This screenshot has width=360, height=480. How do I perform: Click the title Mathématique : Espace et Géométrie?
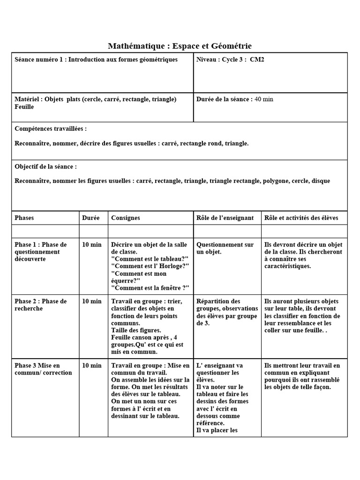coord(180,46)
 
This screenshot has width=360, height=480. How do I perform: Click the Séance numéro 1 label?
coord(40,60)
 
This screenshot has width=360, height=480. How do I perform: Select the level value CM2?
coord(257,60)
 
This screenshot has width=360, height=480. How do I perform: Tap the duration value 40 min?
coord(264,99)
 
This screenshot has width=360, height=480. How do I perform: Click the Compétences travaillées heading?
coord(51,128)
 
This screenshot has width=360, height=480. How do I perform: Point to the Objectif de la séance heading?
coord(45,166)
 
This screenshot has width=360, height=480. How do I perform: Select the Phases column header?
coord(24,218)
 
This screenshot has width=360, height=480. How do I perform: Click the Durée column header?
coord(91,218)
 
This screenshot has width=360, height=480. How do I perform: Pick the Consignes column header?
coord(126,218)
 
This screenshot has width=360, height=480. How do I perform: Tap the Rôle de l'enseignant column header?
coord(225,218)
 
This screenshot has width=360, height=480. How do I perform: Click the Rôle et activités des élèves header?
coord(301,218)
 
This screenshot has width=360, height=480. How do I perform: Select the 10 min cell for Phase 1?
coord(92,245)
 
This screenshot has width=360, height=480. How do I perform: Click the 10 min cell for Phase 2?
coord(92,301)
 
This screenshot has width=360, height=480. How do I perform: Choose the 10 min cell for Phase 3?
coord(92,366)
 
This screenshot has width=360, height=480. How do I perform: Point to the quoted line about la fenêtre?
coord(150,288)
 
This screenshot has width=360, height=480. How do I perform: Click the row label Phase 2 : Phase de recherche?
coord(41,305)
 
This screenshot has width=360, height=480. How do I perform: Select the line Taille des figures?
coord(136,330)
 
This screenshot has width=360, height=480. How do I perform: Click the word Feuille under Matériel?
coord(24,107)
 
